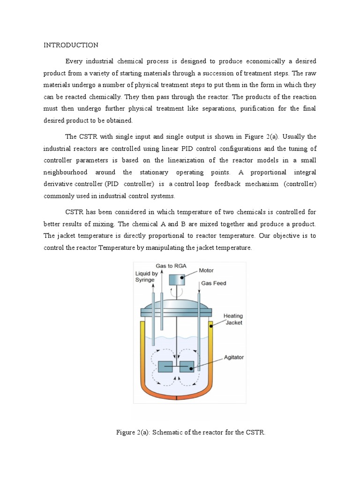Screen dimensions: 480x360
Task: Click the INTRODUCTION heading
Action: point(71,45)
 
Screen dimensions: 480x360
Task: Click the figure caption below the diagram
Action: point(191,432)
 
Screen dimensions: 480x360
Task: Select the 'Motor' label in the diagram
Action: point(206,270)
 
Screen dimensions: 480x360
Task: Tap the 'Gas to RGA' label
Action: point(171,266)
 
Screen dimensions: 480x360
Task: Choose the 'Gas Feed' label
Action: point(213,284)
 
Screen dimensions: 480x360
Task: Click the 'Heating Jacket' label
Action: point(232,320)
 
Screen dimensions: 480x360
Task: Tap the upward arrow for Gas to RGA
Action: point(162,281)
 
